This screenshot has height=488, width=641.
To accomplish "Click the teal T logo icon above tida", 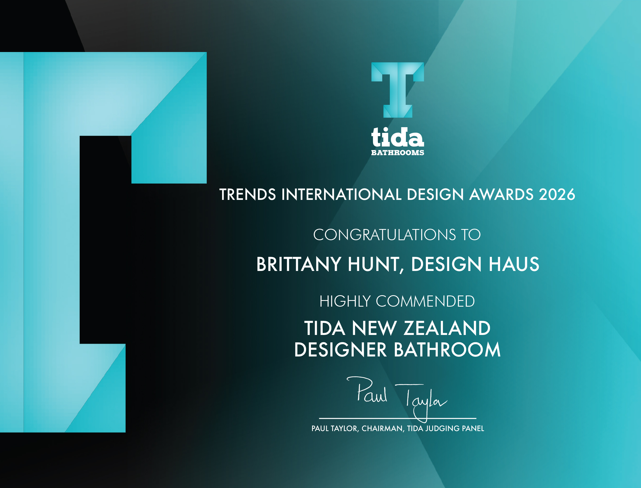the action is coord(397,90).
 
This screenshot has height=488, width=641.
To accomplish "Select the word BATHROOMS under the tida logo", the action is coord(397,152).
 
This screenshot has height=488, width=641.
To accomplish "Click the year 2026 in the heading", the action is coord(557,194).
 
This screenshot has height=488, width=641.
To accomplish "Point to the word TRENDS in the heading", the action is coord(248,194).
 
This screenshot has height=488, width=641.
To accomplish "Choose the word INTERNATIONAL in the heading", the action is coord(341,194).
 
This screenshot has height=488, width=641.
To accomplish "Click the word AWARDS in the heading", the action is coord(501,194).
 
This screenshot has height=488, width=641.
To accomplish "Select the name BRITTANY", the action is coord(298,264).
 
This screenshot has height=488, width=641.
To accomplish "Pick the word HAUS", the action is coord(514,264).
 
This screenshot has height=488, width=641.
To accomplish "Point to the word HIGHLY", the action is coord(345,301).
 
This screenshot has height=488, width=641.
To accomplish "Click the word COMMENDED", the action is coord(426,301).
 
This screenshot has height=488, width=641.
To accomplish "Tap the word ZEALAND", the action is coord(447,328).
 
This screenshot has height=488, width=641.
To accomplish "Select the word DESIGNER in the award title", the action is coord(341,349).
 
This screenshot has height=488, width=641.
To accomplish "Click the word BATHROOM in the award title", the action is coord(447,349).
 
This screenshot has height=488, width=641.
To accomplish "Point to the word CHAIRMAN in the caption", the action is coord(382,428).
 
